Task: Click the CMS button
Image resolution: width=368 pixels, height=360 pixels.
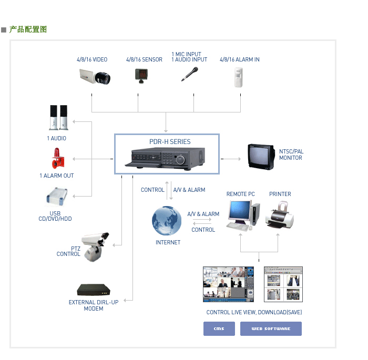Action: click(x=219, y=328)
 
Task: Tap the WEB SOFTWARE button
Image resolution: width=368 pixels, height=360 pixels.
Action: click(x=271, y=328)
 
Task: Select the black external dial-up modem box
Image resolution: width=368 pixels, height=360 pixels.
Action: click(x=94, y=290)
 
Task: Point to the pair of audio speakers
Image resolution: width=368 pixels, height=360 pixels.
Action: click(x=59, y=118)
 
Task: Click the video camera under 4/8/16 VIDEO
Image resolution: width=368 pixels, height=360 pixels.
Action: click(x=95, y=77)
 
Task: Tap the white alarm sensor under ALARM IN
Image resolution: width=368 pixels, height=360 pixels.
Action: click(x=240, y=77)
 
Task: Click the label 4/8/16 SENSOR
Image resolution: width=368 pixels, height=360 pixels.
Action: click(x=144, y=60)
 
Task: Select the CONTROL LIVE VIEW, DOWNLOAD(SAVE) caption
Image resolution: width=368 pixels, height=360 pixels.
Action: click(x=254, y=312)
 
